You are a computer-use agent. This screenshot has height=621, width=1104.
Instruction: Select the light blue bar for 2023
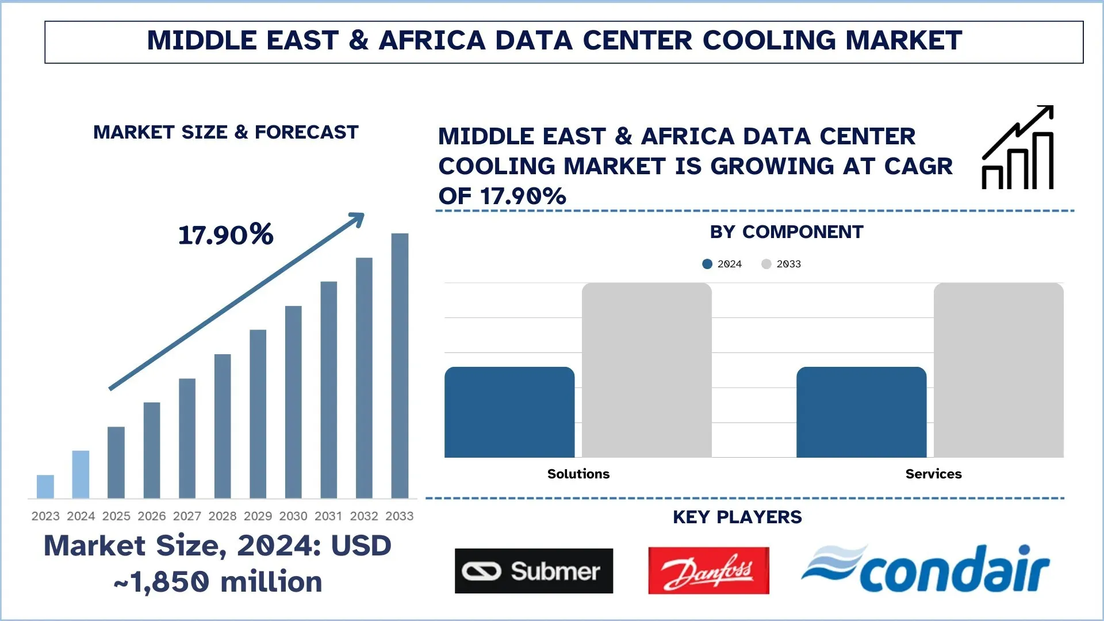(45, 486)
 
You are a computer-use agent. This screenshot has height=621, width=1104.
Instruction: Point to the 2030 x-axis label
(293, 516)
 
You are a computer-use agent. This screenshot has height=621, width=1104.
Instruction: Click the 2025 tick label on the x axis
(116, 516)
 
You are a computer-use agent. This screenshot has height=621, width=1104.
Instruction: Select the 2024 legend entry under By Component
(722, 264)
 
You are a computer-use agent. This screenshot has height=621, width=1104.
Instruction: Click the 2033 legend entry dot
(766, 264)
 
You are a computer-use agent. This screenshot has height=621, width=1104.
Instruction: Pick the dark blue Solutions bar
(509, 412)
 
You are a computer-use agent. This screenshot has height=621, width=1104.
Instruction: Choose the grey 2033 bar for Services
(999, 370)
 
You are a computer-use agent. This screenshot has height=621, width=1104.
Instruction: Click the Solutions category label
(578, 474)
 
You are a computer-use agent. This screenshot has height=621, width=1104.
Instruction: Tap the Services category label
(933, 474)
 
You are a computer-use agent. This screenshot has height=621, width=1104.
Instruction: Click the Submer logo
(534, 571)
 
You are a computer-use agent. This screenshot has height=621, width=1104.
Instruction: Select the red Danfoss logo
(708, 570)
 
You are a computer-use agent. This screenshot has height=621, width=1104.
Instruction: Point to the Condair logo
(926, 569)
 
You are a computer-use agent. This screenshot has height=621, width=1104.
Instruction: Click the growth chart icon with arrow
(1018, 148)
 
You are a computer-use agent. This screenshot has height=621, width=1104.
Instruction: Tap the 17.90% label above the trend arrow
(226, 235)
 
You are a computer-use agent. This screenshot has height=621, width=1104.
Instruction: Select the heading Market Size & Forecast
(226, 132)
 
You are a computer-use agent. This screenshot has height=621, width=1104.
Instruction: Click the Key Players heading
(737, 517)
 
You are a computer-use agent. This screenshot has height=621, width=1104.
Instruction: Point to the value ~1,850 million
(218, 582)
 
